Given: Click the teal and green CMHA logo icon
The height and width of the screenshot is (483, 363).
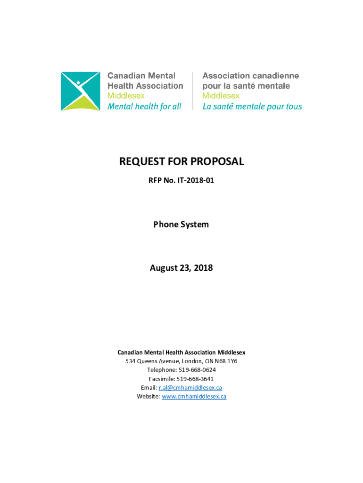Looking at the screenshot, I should [80, 91].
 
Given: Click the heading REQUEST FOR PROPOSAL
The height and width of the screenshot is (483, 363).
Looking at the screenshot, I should [181, 162].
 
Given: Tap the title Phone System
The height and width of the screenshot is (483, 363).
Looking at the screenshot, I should [181, 225].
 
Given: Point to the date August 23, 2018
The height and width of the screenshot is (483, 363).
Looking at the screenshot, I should [181, 268].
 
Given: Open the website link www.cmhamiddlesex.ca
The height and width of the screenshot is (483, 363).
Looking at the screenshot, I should [194, 397].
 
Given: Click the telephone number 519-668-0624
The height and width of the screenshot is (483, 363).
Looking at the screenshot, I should [197, 370].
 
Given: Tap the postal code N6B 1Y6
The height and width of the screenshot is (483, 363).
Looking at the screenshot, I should [226, 361].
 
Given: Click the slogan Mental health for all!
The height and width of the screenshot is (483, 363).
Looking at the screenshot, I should [144, 107].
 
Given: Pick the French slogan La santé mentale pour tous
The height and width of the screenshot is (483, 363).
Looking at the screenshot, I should [252, 107].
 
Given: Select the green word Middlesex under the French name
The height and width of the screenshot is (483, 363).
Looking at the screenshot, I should [221, 96].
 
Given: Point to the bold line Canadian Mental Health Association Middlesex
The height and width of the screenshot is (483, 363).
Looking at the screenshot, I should [181, 352].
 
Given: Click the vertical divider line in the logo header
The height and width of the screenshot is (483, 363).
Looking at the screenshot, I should [193, 91].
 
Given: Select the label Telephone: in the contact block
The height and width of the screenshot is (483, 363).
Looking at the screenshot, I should [161, 370].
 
